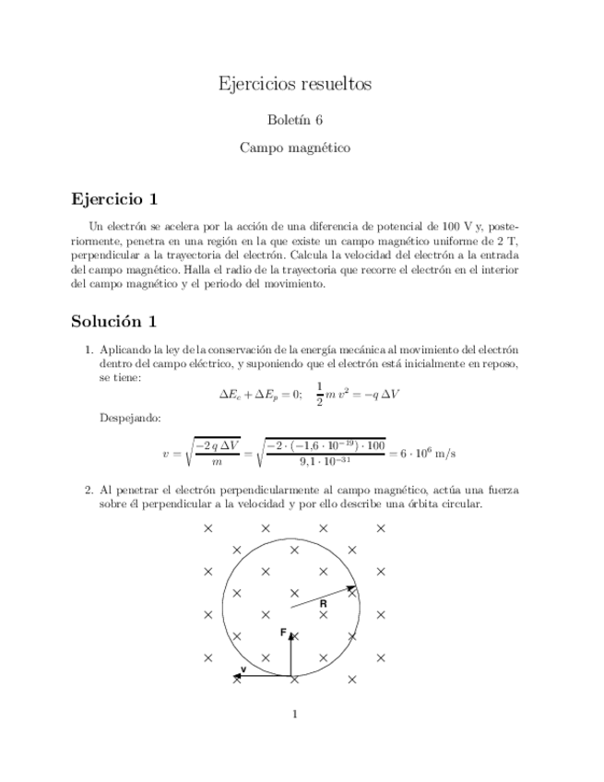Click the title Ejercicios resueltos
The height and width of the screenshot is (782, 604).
(294, 84)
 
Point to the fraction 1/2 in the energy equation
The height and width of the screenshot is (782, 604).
(320, 393)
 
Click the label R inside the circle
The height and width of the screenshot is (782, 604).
(324, 603)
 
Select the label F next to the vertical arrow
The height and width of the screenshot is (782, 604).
(283, 634)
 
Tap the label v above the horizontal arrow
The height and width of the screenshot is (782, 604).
(243, 669)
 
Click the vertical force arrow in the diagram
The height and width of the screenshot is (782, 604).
(292, 655)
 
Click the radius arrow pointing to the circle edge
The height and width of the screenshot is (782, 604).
(323, 597)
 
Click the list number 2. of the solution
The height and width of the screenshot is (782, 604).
(89, 492)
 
